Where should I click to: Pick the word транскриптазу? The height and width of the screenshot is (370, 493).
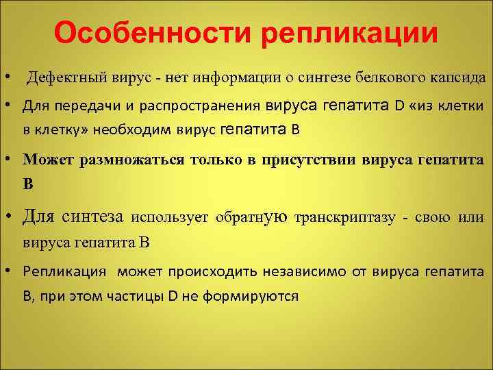(x=345, y=218)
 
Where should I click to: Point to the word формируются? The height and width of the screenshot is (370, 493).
(x=255, y=296)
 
